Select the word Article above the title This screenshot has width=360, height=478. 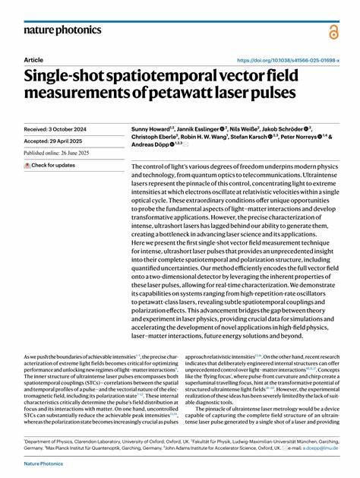pos(33,59)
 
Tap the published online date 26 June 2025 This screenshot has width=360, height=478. pos(57,153)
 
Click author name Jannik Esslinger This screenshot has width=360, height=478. pos(204,130)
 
